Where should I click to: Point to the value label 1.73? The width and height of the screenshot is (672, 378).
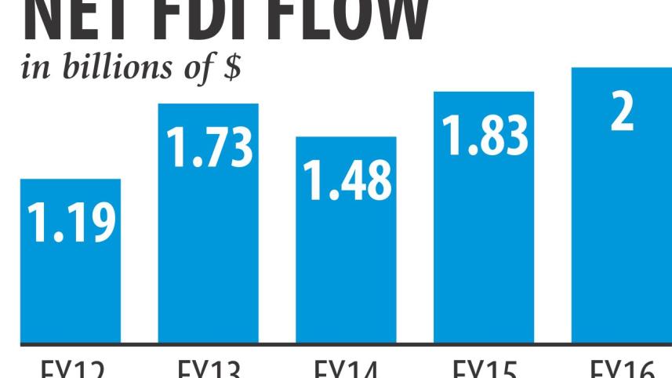click(209, 148)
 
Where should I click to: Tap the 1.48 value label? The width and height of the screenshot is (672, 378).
click(347, 180)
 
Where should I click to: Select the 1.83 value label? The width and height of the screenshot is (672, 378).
click(485, 134)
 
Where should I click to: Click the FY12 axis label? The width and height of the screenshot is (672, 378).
click(71, 369)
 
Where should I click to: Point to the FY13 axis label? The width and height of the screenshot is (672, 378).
click(209, 369)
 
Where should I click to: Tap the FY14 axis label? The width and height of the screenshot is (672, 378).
click(346, 369)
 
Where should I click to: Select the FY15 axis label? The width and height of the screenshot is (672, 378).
click(484, 369)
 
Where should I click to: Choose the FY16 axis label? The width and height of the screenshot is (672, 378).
click(621, 369)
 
